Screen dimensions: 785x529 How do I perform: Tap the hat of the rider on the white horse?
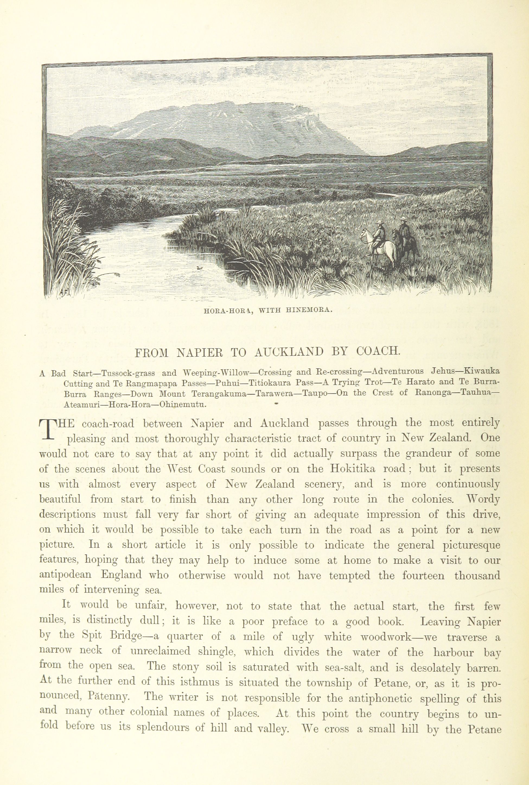click(x=380, y=222)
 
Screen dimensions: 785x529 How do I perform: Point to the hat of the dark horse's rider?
click(x=403, y=219)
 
